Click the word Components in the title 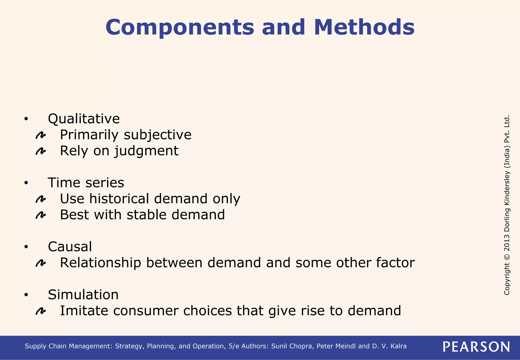tap(180, 27)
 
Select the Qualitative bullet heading tap(84, 119)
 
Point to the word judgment tap(146, 151)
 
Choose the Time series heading tap(86, 183)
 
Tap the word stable tap(146, 215)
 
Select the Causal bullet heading tap(70, 247)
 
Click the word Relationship tap(100, 263)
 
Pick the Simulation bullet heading tap(83, 295)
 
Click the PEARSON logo tap(476, 347)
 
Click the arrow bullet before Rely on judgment tap(41, 152)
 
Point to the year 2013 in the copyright tap(507, 242)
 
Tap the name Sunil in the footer tap(279, 346)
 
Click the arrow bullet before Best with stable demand tap(41, 216)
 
